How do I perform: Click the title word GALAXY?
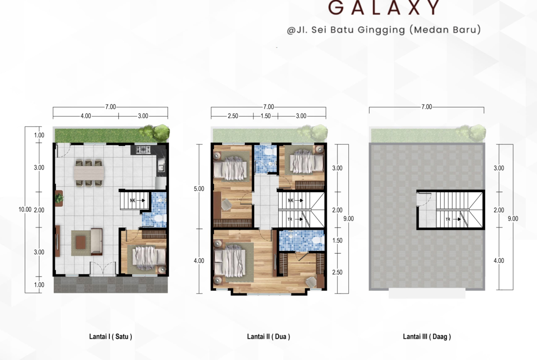tap(384, 7)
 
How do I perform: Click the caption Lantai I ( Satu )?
tap(111, 337)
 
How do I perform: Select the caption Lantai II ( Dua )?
tap(268, 337)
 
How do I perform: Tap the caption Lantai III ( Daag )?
tap(427, 337)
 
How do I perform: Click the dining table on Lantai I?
tap(89, 173)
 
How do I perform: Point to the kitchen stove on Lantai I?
tap(143, 149)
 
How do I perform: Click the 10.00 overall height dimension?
tap(25, 210)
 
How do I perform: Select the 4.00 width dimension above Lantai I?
tap(86, 116)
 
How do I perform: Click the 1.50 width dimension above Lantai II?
tap(265, 116)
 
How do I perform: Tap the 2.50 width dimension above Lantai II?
tap(233, 116)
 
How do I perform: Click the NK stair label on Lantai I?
tap(133, 200)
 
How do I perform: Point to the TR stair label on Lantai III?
tap(447, 219)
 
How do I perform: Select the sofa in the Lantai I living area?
tap(96, 242)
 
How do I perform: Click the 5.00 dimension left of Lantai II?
tap(199, 188)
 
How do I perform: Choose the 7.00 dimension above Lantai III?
tap(427, 107)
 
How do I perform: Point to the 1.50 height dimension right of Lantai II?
tap(337, 240)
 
